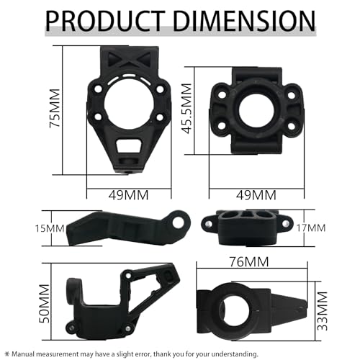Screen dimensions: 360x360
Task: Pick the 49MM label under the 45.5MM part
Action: [x=255, y=195]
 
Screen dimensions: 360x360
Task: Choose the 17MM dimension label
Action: [x=310, y=228]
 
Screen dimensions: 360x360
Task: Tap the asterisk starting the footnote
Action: [x=7, y=353]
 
